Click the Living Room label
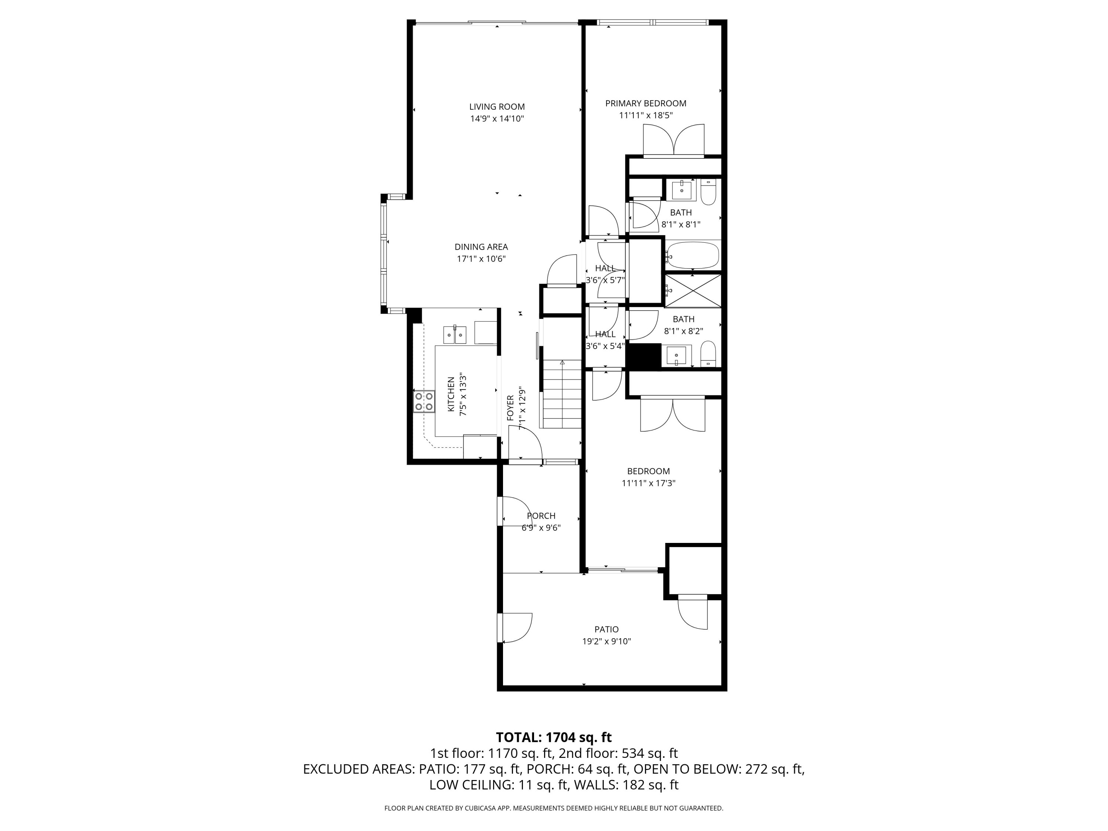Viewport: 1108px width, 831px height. pos(496,107)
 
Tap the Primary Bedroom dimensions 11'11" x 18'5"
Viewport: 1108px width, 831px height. pos(645,116)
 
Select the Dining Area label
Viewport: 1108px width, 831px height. pos(481,247)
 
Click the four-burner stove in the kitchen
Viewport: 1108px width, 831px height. pos(424,401)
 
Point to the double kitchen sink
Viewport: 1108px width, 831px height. pos(454,335)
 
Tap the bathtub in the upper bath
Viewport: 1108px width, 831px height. pos(692,256)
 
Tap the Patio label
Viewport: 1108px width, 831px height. pos(606,630)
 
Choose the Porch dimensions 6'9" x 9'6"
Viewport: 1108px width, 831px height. pos(541,528)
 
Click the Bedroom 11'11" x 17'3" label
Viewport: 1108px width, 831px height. pos(648,471)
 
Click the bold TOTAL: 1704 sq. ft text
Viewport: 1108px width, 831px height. pos(554,737)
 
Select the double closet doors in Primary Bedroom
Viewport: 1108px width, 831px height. pos(673,140)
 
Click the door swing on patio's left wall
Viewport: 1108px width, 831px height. pos(516,627)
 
